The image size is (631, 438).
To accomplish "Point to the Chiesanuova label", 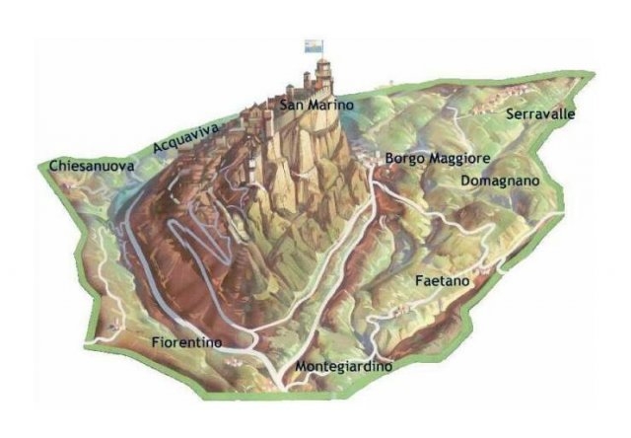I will click(x=91, y=167).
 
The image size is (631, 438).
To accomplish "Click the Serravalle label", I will click(x=540, y=114).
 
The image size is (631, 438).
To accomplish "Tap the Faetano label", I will click(x=441, y=280).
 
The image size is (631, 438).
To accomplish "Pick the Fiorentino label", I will click(x=186, y=342).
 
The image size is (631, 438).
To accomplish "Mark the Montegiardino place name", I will click(x=344, y=366).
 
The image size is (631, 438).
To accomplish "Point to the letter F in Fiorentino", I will click(x=156, y=342).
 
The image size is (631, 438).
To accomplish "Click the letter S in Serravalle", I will click(x=510, y=114).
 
